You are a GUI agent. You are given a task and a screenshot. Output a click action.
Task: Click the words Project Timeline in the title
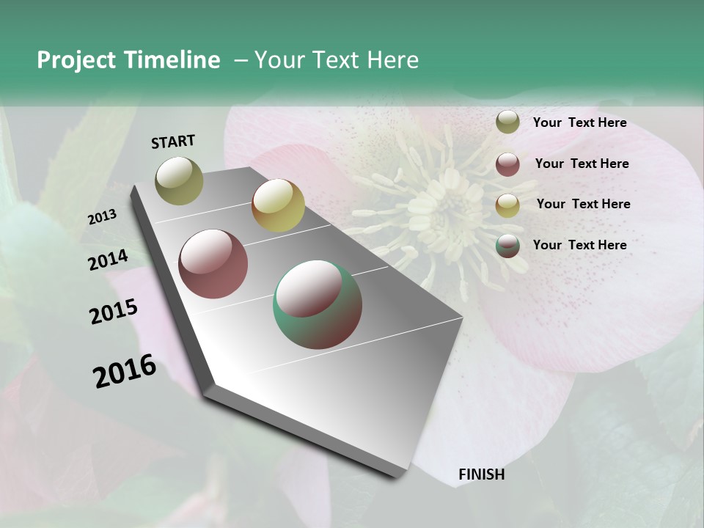click(128, 60)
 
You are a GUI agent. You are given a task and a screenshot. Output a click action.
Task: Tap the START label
click(173, 142)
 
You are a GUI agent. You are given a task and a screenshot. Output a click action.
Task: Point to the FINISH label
click(481, 474)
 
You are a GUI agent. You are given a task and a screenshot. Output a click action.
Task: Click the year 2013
click(102, 217)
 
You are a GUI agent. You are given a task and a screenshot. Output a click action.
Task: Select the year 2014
click(108, 260)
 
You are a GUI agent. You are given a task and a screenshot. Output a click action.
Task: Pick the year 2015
click(114, 312)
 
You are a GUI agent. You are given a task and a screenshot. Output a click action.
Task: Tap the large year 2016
click(125, 370)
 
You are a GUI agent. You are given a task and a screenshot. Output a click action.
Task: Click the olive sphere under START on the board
click(179, 180)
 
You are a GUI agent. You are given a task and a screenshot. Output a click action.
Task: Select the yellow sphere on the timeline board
click(278, 205)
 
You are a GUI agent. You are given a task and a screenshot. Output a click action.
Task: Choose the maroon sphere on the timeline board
click(213, 264)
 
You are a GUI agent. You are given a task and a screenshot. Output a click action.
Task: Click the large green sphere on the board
click(317, 304)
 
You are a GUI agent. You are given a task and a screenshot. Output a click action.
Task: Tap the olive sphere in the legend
click(507, 122)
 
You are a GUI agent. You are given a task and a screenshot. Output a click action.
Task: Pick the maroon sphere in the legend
click(507, 164)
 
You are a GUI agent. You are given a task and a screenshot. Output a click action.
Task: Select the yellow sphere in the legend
click(507, 205)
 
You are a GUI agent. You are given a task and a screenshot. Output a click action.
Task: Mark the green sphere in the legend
click(507, 246)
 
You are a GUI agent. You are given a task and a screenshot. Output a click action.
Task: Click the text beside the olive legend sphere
click(579, 123)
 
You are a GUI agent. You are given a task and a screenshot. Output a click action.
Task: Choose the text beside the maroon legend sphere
click(582, 164)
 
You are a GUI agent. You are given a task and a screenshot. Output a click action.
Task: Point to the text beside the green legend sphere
click(579, 245)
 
